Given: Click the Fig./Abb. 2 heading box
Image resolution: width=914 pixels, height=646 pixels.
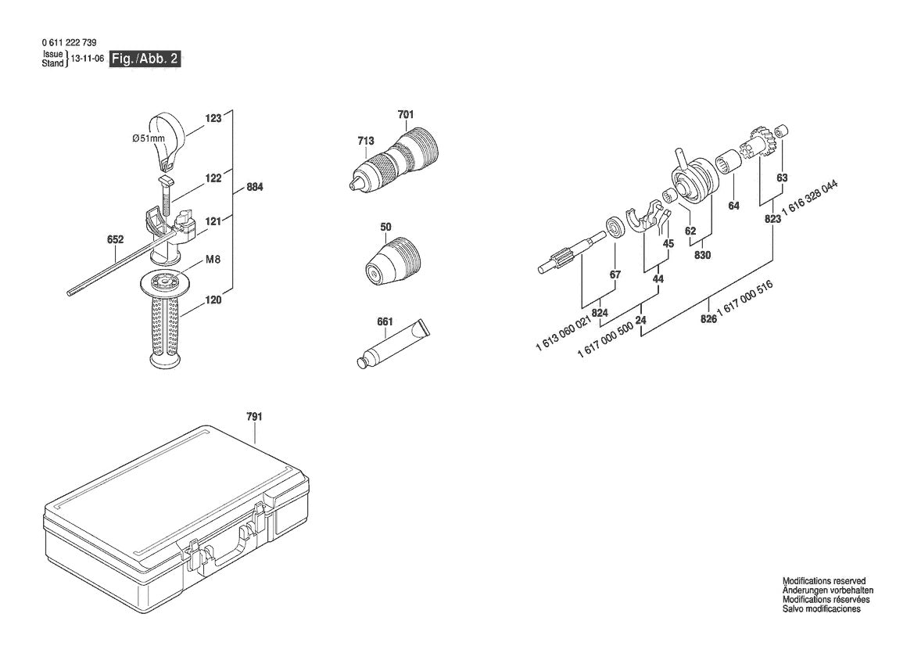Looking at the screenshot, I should (145, 59).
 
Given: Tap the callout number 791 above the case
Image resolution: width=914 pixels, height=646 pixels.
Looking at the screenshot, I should (254, 417).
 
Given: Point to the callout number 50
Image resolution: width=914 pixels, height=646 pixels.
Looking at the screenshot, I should (385, 227).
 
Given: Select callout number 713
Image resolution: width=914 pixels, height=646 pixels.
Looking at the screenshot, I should (365, 141).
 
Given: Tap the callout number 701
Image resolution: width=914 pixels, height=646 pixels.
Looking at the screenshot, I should (405, 115).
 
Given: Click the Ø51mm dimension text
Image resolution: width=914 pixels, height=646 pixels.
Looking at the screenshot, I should (149, 138).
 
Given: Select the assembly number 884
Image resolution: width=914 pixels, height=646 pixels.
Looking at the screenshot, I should (254, 188).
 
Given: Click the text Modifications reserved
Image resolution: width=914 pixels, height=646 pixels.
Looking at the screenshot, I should (824, 581).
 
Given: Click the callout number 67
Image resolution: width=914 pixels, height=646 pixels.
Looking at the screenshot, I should (615, 275).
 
